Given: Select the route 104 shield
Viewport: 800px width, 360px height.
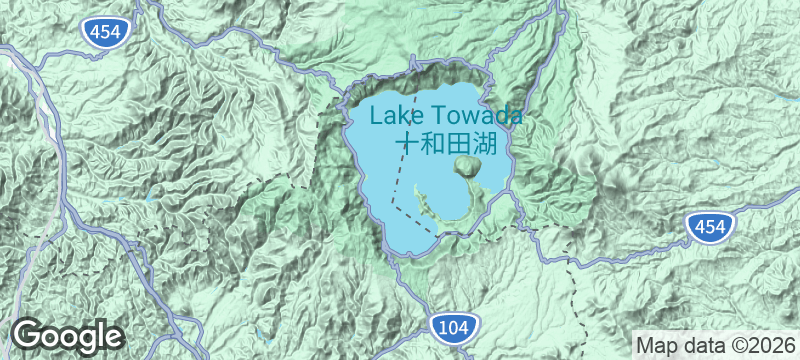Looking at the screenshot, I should click(457, 326).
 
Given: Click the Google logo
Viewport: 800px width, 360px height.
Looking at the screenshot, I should click(68, 335).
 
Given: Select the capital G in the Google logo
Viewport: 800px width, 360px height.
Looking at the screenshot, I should click(30, 334).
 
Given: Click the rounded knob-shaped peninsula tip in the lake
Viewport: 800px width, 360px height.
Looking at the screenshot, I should click(467, 166).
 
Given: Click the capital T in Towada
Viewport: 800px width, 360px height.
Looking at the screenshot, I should click(433, 115).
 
